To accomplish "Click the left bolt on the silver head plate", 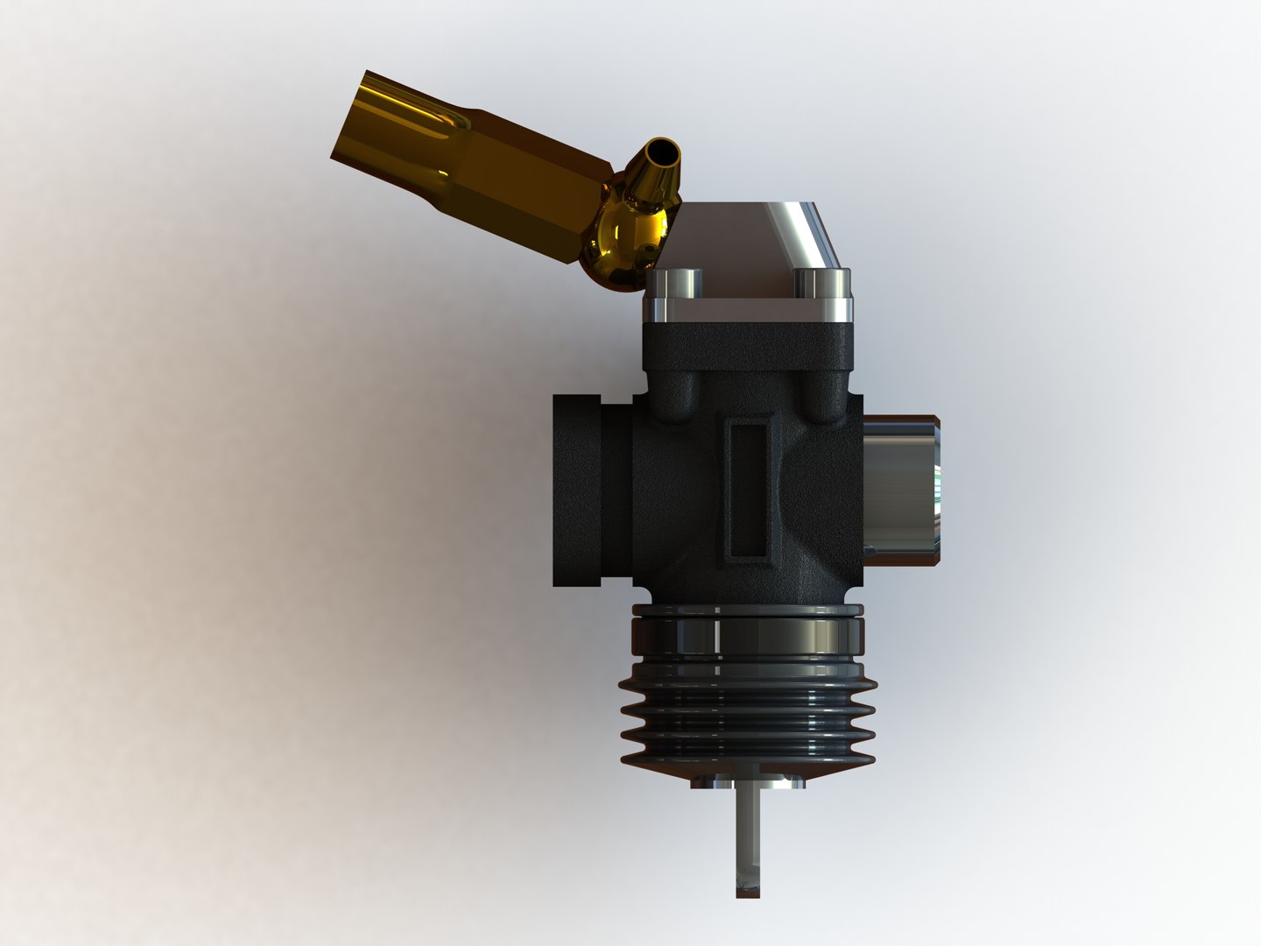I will click(x=682, y=284).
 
